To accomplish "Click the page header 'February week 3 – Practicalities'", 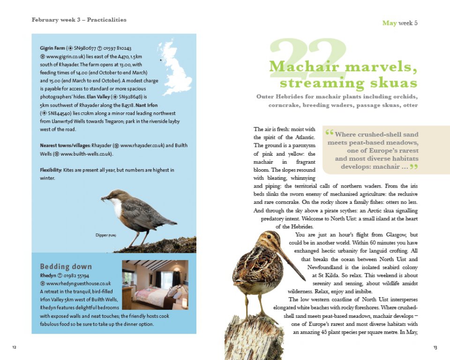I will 79,20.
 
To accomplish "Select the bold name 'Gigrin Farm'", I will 52,48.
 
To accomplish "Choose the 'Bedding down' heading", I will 66,267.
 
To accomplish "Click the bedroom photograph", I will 155,285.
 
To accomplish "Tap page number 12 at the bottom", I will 15,347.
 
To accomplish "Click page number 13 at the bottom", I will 435,347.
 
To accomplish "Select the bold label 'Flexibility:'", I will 52,170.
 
